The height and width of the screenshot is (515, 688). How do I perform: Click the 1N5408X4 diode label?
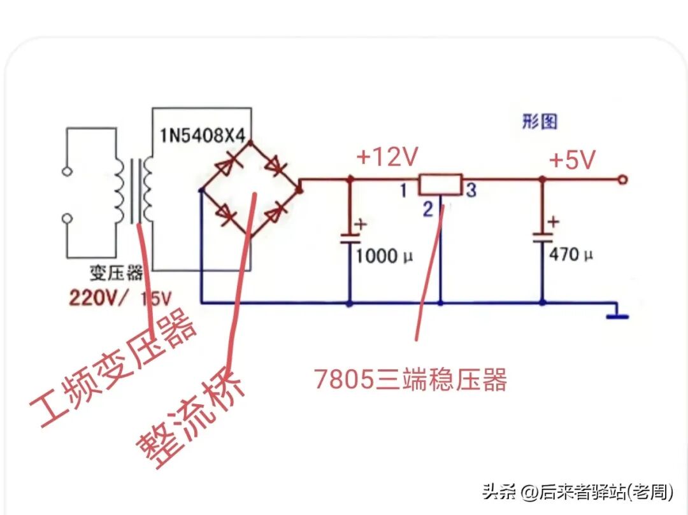point(204,134)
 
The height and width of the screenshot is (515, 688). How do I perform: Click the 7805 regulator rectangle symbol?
point(440,184)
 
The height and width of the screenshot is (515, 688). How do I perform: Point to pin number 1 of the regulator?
point(403,190)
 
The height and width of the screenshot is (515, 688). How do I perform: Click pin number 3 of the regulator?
point(471,190)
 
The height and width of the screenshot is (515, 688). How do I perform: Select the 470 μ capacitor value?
point(571,255)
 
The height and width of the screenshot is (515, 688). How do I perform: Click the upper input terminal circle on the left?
point(66,171)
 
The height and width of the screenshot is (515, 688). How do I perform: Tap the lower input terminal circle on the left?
point(66,219)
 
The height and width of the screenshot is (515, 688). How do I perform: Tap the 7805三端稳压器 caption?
point(410,380)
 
